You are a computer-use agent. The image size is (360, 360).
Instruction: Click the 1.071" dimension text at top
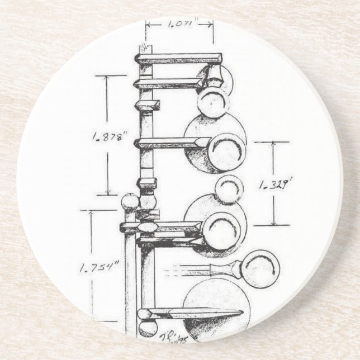pyautogui.click(x=179, y=24)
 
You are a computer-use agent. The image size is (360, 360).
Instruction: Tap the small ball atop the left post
pyautogui.click(x=130, y=201)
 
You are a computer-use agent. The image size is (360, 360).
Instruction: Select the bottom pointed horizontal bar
pyautogui.click(x=193, y=313)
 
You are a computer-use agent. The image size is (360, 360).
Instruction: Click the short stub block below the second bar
pyautogui.click(x=149, y=105)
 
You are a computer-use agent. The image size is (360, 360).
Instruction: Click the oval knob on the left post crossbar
pyautogui.click(x=147, y=227)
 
